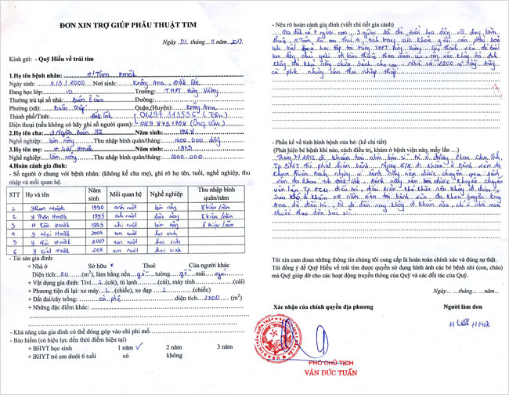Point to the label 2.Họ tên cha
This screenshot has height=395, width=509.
tap(26, 133)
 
